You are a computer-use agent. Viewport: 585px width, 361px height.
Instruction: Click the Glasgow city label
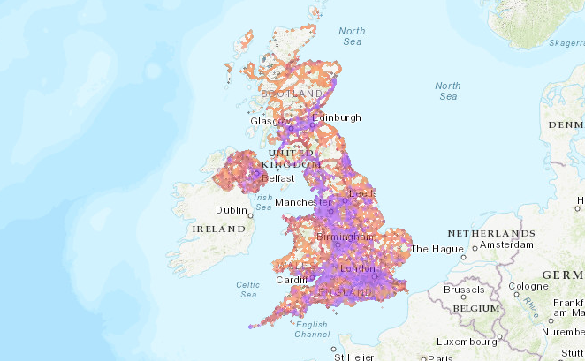coord(265,121)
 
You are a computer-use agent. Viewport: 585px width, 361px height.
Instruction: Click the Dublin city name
coord(232,210)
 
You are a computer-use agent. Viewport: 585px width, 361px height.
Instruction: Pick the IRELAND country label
coord(217,229)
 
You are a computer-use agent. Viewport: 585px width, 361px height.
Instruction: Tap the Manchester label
coord(301,202)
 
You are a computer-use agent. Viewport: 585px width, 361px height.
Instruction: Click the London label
coord(357,268)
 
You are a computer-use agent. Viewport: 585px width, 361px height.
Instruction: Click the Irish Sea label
coord(263,202)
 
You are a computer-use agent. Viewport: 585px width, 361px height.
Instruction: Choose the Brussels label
coord(464,289)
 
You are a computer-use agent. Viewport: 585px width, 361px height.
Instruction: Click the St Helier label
coord(351,357)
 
